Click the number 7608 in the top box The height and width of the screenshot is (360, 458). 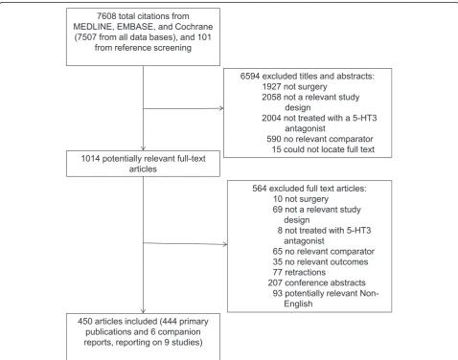106,16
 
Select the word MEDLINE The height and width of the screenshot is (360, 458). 91,27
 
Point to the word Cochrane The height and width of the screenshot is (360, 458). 194,27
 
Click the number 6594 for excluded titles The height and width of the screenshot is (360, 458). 250,77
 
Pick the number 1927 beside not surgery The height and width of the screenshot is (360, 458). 271,87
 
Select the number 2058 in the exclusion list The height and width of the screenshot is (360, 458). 271,97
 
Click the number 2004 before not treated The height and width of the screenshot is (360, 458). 271,118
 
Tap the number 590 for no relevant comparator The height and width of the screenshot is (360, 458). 274,139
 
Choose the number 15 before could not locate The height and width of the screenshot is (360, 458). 277,149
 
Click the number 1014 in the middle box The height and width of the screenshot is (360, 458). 90,159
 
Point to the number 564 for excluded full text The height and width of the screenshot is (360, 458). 260,189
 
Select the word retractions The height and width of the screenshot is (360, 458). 305,272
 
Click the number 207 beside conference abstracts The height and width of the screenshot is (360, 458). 275,282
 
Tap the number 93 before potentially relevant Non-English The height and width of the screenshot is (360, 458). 278,293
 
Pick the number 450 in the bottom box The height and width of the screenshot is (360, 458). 85,322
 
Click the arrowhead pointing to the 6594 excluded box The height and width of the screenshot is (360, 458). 221,108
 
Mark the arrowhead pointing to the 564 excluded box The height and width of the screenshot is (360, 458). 225,244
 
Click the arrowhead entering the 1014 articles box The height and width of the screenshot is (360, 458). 143,148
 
